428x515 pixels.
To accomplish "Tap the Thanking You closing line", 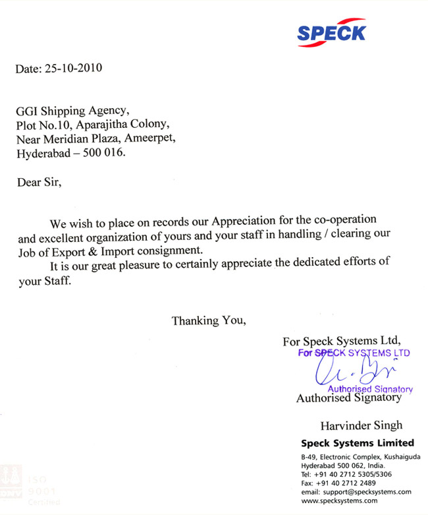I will pos(209,321).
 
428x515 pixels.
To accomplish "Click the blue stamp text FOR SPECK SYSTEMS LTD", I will pos(354,353).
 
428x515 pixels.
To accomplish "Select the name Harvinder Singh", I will pos(361,425).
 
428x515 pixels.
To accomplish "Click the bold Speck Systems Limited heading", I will pos(357,442).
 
